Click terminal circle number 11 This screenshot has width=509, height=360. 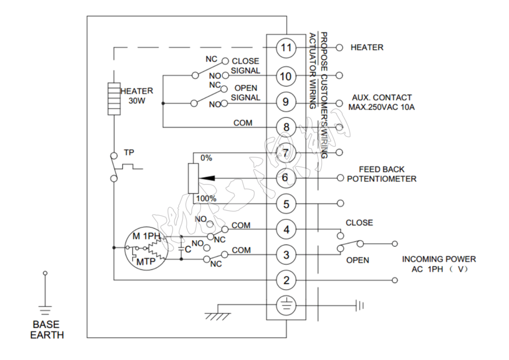click(286, 48)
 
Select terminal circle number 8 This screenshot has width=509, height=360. click(286, 127)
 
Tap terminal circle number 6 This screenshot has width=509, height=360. click(286, 178)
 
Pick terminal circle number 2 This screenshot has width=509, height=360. click(286, 280)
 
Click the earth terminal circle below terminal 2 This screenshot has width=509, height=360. click(286, 306)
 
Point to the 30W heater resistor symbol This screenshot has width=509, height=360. click(114, 99)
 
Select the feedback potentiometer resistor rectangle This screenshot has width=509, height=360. click(193, 178)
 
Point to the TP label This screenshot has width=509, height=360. click(128, 153)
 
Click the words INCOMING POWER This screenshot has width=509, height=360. click(439, 259)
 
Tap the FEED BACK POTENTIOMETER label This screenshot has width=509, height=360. click(382, 174)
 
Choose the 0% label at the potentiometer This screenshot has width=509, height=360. click(206, 158)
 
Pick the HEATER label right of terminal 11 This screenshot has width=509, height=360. click(367, 48)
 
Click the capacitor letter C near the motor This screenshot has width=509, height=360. click(187, 248)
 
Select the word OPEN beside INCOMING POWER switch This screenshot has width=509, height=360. click(357, 260)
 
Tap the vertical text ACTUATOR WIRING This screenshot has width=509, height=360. click(312, 71)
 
